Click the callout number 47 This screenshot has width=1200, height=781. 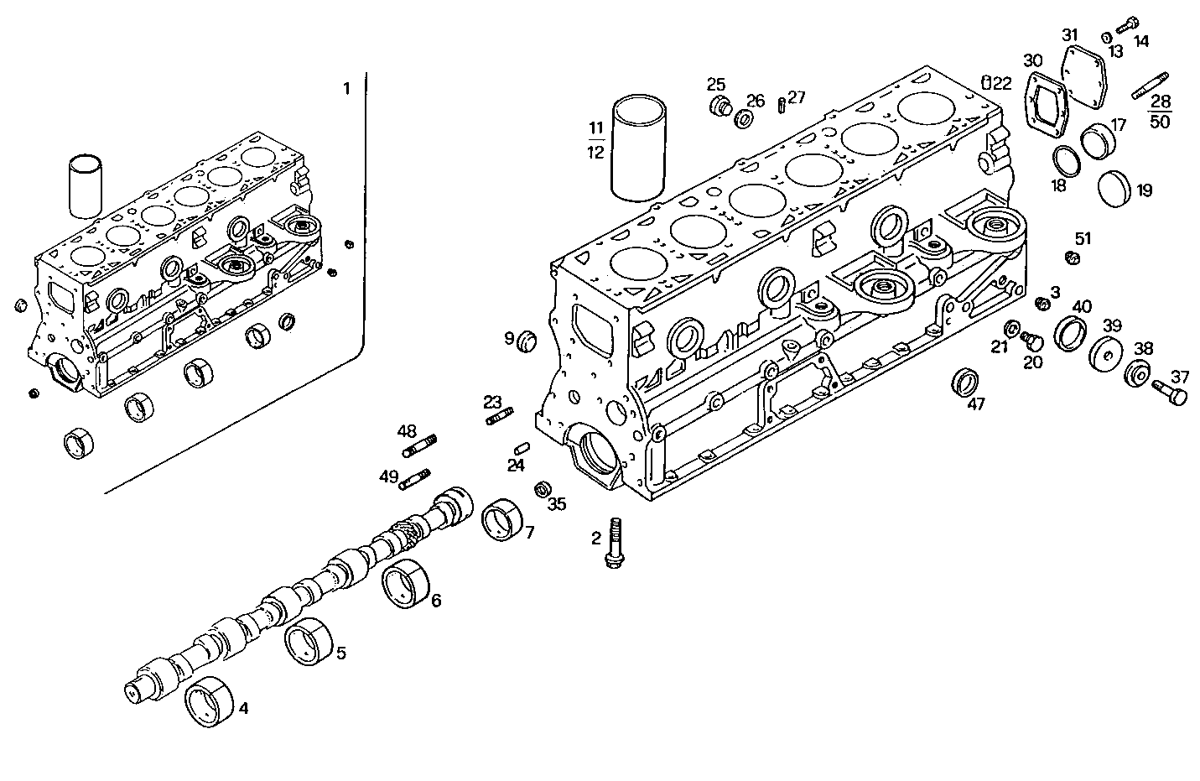[x=976, y=404]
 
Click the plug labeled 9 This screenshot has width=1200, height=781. [x=527, y=341]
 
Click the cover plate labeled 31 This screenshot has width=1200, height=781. [x=1084, y=76]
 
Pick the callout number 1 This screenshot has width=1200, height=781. [x=347, y=88]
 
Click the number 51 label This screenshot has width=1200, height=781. [x=1083, y=238]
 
